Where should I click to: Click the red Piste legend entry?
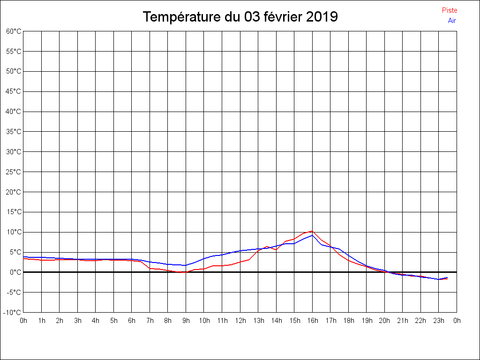(450, 10)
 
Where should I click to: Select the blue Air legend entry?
(452, 21)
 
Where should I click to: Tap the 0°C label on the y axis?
(15, 272)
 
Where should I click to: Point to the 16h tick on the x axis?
(313, 321)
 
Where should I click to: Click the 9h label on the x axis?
(186, 321)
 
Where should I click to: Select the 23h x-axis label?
(439, 321)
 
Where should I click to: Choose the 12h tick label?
(240, 321)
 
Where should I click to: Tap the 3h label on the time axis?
(78, 321)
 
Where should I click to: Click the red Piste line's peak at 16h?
(312, 231)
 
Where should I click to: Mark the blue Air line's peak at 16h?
(312, 235)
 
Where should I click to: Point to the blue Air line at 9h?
(186, 265)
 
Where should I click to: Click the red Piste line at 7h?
(150, 268)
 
